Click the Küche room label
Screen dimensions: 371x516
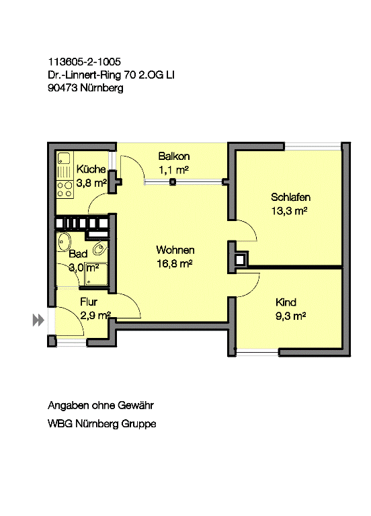(91, 169)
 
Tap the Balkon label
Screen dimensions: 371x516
(174, 156)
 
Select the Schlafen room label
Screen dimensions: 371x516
(290, 197)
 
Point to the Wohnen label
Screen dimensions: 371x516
(175, 250)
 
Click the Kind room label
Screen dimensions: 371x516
(286, 302)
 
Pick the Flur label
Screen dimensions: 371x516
(89, 302)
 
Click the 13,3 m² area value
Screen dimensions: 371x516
(290, 210)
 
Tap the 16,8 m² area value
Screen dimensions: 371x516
(175, 263)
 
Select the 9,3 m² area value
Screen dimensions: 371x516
(290, 316)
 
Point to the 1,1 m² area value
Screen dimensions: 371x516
(173, 170)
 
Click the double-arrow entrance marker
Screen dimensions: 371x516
(38, 320)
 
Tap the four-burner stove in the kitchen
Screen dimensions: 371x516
(65, 189)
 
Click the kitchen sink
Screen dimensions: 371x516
(65, 159)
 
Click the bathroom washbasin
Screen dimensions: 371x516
(65, 243)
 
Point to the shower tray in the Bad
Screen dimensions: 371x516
(96, 274)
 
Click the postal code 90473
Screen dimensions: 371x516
(63, 88)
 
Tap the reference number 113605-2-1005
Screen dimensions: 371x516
(84, 62)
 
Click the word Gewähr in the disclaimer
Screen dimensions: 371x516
(136, 405)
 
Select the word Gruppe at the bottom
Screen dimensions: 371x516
(138, 424)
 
